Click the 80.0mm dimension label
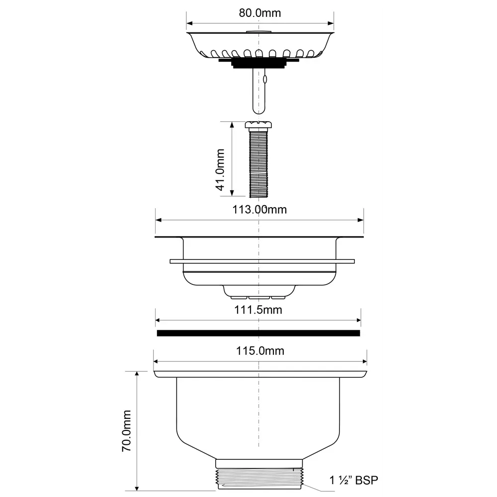pos(259,13)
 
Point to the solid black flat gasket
pos(258,333)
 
